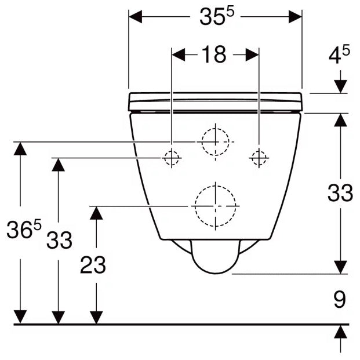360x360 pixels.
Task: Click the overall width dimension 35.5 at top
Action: pyautogui.click(x=217, y=17)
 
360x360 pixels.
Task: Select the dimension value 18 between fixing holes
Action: pyautogui.click(x=214, y=54)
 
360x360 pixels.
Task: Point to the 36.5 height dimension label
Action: pyautogui.click(x=24, y=228)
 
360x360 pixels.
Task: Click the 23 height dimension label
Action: pyautogui.click(x=93, y=265)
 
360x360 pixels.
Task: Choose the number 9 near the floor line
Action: pyautogui.click(x=340, y=299)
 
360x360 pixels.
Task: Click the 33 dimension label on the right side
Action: pyautogui.click(x=340, y=193)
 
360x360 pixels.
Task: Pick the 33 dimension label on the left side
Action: pyautogui.click(x=59, y=240)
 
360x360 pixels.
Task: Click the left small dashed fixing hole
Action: pyautogui.click(x=172, y=158)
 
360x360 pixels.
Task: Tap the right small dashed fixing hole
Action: pyautogui.click(x=259, y=158)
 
